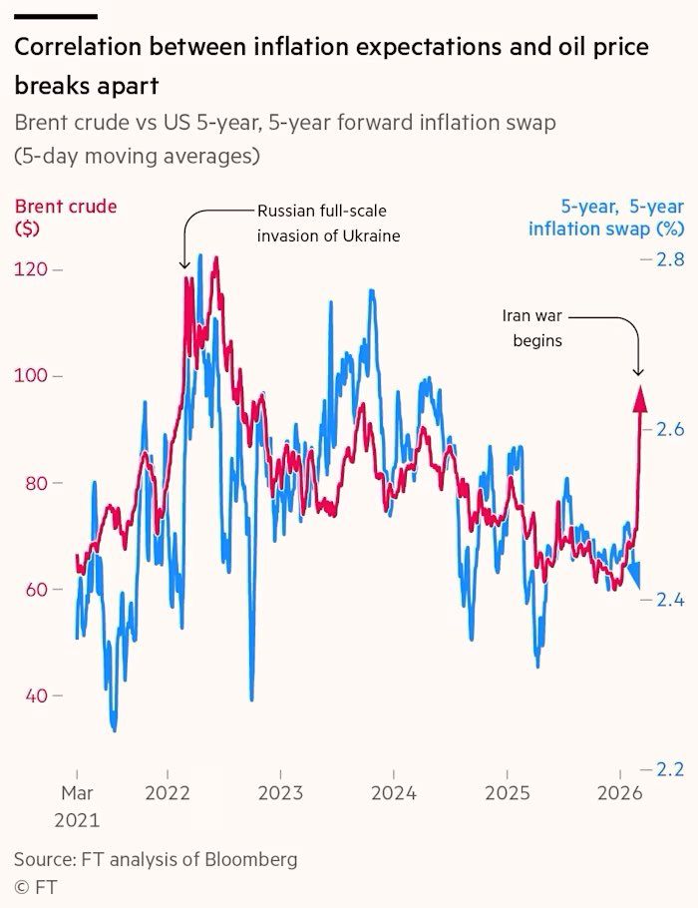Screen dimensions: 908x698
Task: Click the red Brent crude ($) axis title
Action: tap(65, 217)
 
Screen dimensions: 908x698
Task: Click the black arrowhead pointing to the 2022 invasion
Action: tap(184, 264)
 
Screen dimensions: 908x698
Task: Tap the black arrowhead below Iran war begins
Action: tap(638, 372)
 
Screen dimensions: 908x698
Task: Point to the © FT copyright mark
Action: tap(34, 885)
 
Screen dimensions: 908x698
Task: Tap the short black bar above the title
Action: tap(56, 16)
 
